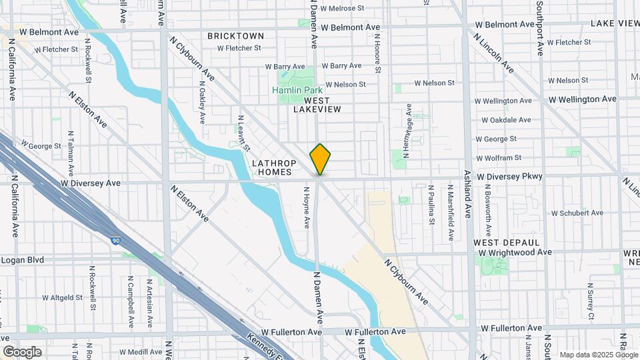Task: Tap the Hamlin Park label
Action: coord(297,90)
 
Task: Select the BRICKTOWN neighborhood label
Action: coord(235,36)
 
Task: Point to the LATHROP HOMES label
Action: coord(272,167)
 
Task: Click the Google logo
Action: coord(22,351)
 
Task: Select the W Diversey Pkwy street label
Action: coord(510,177)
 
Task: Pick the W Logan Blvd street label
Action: coord(22,260)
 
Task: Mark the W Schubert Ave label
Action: coord(577,213)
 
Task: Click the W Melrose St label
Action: coord(343,9)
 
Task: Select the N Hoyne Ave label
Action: coord(307,207)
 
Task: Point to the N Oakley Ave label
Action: coord(202,103)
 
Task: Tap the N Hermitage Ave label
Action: coord(409,130)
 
